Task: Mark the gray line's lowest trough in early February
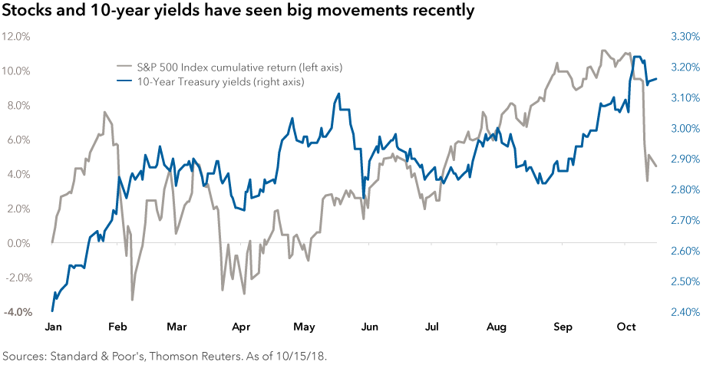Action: click(x=132, y=299)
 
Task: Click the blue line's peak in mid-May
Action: click(x=338, y=94)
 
